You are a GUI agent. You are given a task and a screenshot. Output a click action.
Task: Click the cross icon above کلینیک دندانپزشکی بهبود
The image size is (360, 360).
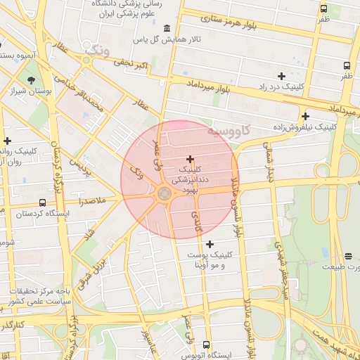pos(190,160)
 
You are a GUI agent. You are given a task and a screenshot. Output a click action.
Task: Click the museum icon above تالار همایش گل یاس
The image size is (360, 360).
pos(167,28)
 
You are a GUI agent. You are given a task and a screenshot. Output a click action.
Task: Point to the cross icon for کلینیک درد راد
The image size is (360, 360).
pos(281,75)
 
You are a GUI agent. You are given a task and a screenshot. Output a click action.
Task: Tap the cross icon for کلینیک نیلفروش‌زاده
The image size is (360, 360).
pos(305,117)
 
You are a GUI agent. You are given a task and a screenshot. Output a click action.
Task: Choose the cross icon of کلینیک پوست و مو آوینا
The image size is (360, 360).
pos(210,244)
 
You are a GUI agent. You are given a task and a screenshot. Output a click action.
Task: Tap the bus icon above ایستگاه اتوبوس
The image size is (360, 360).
pos(206,345)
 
